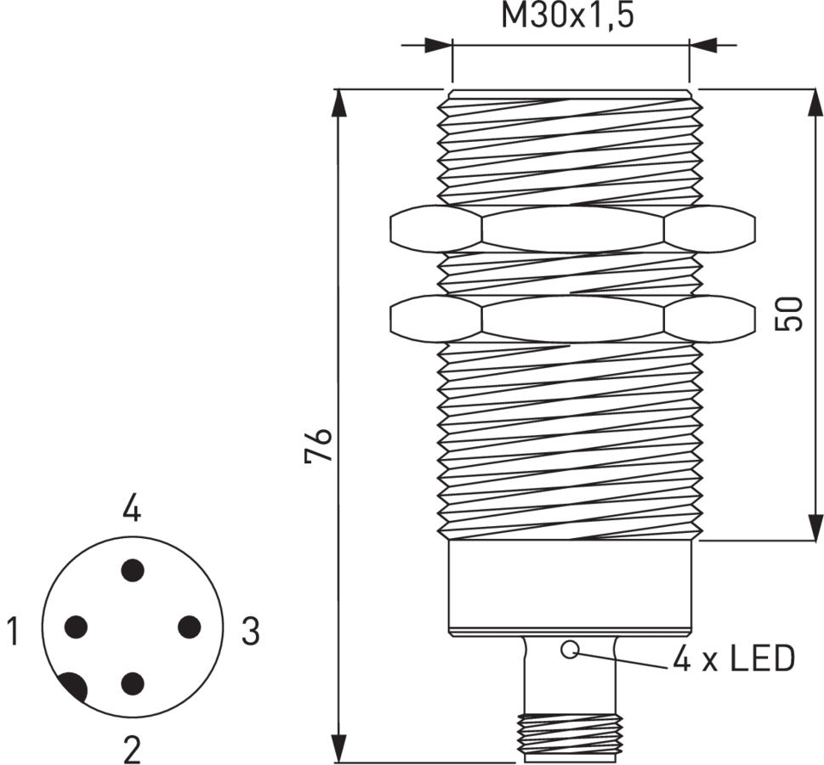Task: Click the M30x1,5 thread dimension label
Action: pos(567,15)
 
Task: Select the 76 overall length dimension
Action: pos(318,445)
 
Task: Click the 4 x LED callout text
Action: pos(733,660)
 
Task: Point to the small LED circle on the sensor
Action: pos(570,651)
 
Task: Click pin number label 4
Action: pos(131,509)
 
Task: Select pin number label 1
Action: pos(12,632)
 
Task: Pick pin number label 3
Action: pos(250,632)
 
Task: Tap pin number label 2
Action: pos(131,750)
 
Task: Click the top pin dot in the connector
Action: pos(132,569)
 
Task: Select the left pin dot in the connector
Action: pos(77,627)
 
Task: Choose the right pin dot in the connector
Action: pos(189,627)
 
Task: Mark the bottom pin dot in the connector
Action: pos(132,683)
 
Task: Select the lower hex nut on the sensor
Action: pos(571,318)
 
